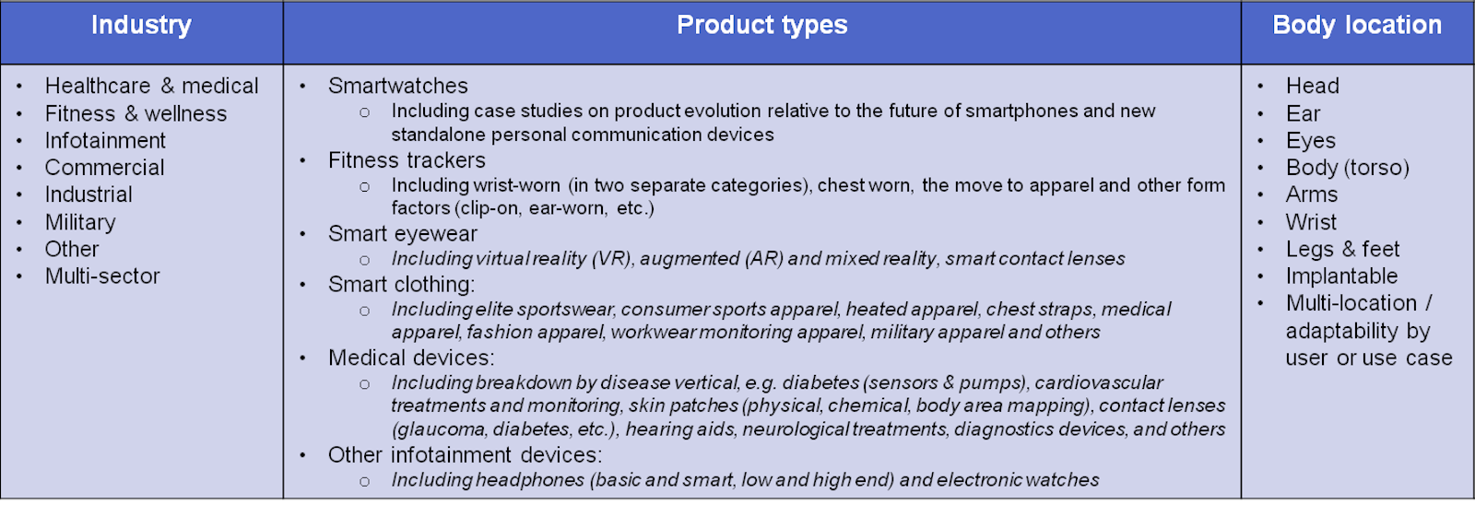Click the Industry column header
(x=141, y=25)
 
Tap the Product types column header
(x=761, y=25)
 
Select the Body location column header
(x=1356, y=25)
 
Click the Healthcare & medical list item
(x=151, y=86)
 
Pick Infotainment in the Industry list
(x=105, y=140)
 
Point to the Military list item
(x=80, y=222)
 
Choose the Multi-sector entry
(x=102, y=276)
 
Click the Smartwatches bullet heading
(x=397, y=86)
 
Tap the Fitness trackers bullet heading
(x=407, y=160)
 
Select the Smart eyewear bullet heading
(x=402, y=234)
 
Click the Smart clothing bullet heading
(x=401, y=285)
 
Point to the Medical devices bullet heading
(x=411, y=358)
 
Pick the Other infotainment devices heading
(x=465, y=455)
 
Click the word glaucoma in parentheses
(x=440, y=429)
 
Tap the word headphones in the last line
(x=530, y=480)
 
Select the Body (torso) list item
(x=1347, y=168)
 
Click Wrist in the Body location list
(x=1311, y=222)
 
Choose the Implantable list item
(x=1341, y=276)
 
